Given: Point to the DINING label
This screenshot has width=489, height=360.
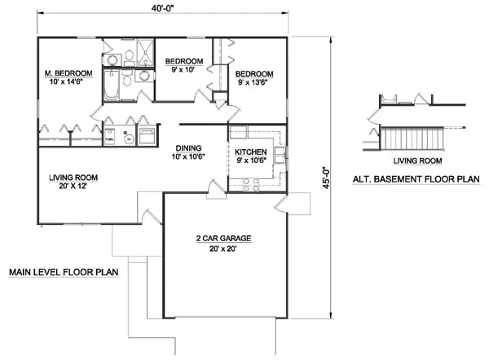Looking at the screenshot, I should coord(188,147).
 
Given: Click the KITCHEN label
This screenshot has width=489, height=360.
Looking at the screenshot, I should coord(249,152).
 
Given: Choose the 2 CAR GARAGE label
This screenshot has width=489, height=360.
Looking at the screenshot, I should coord(222,239).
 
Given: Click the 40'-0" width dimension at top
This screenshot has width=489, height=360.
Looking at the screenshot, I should coord(162,8).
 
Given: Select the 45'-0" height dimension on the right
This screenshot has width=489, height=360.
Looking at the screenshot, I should coord(325,177).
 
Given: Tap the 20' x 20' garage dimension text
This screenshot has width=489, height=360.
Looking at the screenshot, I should coord(222,250).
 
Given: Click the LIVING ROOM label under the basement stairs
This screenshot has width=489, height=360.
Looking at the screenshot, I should coord(410,161).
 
